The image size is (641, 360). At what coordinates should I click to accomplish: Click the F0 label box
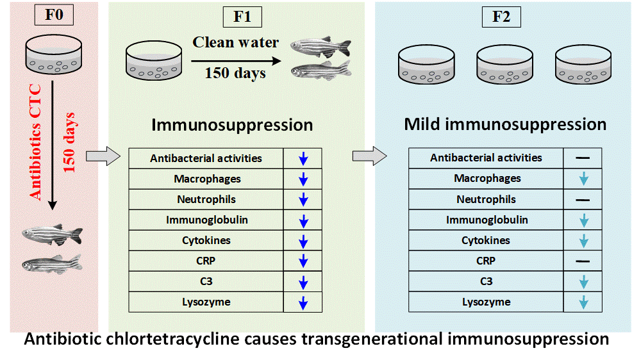[x=54, y=15]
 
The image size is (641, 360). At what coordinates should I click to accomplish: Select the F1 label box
[x=242, y=17]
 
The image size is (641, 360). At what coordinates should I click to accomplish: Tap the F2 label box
[x=501, y=17]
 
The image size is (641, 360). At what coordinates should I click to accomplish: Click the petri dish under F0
[x=54, y=54]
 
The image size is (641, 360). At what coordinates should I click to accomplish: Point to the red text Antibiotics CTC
[x=35, y=142]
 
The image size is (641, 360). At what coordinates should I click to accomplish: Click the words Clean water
[x=235, y=42]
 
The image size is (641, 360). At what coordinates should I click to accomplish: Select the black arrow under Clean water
[x=236, y=61]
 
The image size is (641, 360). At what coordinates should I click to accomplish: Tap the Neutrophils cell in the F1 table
[x=206, y=199]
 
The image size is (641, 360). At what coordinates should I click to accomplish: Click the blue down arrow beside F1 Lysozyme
[x=303, y=302]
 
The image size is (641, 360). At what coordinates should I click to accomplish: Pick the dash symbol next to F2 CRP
[x=583, y=261]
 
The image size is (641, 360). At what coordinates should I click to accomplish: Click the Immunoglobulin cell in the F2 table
[x=486, y=220]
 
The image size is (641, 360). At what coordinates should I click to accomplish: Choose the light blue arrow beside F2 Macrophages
[x=584, y=179]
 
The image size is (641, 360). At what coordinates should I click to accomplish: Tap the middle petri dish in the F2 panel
[x=504, y=64]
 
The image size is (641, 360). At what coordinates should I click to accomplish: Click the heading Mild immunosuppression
[x=505, y=124]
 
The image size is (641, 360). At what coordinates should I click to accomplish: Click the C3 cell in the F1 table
[x=206, y=282]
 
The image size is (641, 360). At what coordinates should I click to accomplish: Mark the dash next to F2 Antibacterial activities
[x=583, y=158]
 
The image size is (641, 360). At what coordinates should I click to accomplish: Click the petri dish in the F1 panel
[x=154, y=60]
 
